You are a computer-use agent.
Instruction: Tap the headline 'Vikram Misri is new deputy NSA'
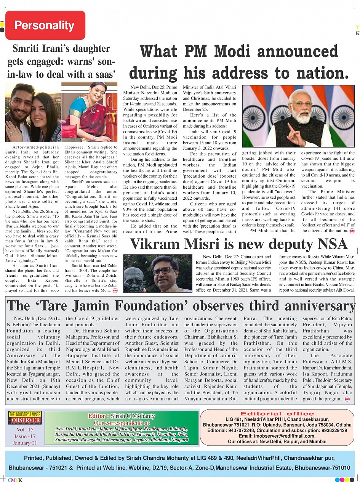(x=238, y=244)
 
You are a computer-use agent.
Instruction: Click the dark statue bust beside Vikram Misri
(x=134, y=278)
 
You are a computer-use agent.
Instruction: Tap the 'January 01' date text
(x=24, y=443)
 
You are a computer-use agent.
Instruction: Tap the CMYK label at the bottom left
(x=15, y=480)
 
